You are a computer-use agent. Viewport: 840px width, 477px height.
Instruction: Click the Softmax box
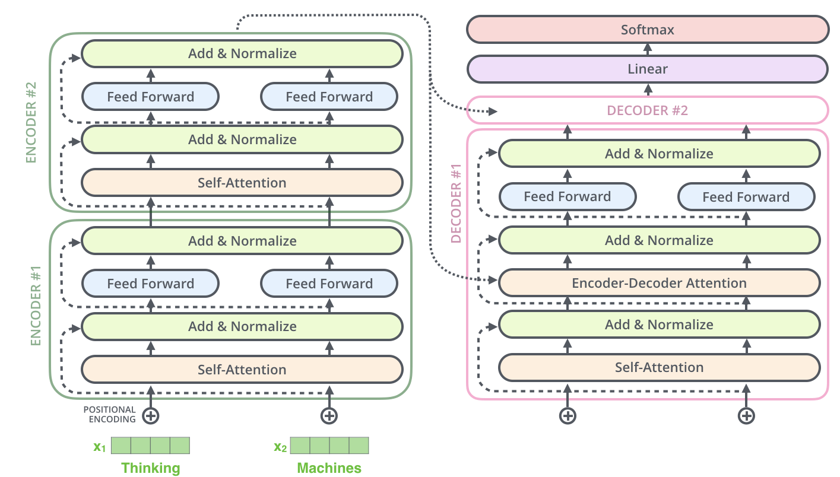coord(647,30)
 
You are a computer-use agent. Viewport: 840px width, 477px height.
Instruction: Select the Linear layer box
coord(647,69)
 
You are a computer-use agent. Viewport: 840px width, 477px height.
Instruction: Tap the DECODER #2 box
coord(647,110)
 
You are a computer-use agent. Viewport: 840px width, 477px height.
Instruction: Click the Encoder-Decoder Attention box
coord(659,283)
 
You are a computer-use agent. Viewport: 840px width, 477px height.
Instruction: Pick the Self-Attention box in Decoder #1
coord(659,367)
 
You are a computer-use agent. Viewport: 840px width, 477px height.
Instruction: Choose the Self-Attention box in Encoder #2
coord(242,183)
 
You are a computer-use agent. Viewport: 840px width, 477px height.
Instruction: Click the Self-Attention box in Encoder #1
coord(242,370)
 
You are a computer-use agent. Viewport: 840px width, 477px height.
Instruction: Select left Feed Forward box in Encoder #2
coord(150,97)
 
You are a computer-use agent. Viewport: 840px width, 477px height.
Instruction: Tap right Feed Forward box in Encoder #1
coord(329,284)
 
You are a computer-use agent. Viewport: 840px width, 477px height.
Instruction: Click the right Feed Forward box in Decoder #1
coord(746,197)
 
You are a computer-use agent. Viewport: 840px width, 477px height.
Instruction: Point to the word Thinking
coord(150,468)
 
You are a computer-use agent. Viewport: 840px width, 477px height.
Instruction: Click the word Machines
coord(329,468)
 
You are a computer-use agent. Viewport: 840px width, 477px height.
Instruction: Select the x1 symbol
coord(99,446)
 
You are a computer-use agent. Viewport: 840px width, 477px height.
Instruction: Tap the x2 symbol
coord(280,446)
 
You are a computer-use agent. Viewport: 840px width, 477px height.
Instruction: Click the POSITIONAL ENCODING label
coord(109,414)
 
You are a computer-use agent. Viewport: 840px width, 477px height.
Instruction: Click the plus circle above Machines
coord(329,415)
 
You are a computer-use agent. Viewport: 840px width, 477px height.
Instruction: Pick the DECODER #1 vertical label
coord(456,205)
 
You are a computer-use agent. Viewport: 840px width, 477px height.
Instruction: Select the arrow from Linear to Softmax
coord(647,49)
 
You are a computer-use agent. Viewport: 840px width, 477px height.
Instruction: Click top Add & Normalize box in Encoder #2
coord(242,53)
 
